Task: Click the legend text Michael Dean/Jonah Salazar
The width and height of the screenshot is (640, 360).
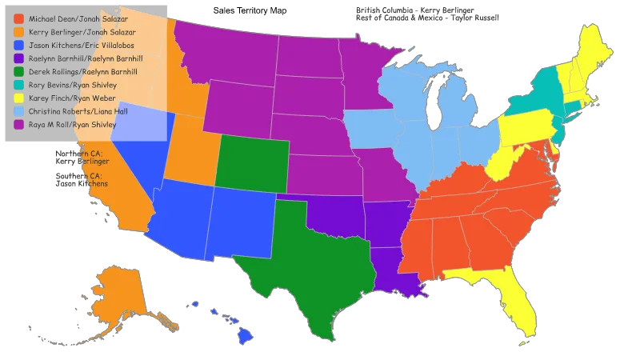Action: coord(77,18)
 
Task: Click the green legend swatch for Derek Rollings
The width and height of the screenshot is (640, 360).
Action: coord(19,72)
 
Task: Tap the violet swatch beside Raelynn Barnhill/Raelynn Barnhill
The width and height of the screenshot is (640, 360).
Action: coord(19,58)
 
